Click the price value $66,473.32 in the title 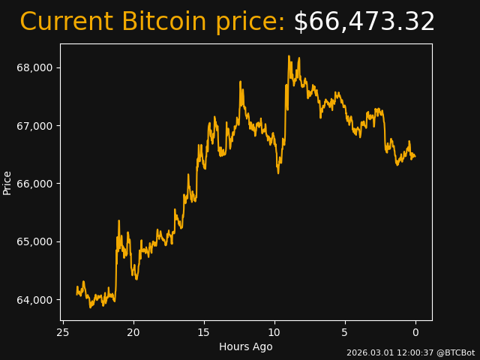[364, 22]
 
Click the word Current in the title [66, 22]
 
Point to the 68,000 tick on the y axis [34, 67]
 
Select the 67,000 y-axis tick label [34, 125]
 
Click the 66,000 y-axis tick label [34, 184]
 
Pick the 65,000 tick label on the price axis [34, 241]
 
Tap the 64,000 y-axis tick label [34, 300]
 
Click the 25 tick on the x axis [63, 332]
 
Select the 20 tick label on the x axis [133, 332]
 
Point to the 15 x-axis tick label [204, 332]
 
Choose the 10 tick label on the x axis [274, 332]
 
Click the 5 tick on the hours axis [345, 332]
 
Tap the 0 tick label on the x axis [415, 332]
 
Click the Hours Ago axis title [245, 346]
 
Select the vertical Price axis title [7, 182]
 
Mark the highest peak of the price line [289, 55]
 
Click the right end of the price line [415, 157]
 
